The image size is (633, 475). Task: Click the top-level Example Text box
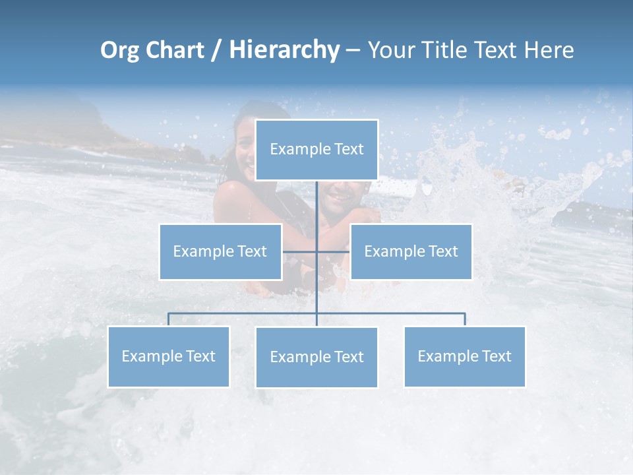pos(316,150)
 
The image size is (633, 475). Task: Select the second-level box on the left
pos(220,251)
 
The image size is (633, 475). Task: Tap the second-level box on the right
pos(411,251)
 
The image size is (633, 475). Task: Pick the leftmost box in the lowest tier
pos(168,356)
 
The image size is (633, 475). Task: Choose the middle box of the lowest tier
pos(316,357)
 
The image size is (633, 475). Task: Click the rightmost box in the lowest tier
pos(465,356)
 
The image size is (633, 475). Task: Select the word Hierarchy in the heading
pos(284,50)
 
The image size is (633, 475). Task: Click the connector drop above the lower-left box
pos(168,319)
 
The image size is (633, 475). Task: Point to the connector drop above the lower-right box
pos(465,319)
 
